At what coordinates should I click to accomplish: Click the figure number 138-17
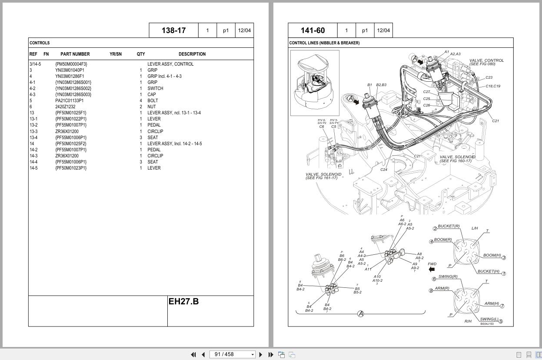[x=173, y=30]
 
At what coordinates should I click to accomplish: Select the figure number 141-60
[x=313, y=30]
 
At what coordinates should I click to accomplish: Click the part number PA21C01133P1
[x=70, y=101]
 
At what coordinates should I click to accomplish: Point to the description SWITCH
[x=155, y=88]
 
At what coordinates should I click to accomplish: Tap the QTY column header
[x=141, y=54]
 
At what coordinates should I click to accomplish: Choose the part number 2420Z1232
[x=65, y=107]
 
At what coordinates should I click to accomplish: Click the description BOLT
[x=153, y=101]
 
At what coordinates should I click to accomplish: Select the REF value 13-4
[x=33, y=138]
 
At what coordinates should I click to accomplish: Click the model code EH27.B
[x=183, y=302]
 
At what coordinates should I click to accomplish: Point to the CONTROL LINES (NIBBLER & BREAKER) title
[x=324, y=43]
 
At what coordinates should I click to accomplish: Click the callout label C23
[x=489, y=78]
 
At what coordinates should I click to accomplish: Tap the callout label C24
[x=384, y=170]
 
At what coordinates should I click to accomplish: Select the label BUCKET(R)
[x=449, y=226]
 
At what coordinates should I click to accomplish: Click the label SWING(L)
[x=489, y=320]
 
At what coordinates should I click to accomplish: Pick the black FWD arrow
[x=432, y=270]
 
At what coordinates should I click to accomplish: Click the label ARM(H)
[x=492, y=304]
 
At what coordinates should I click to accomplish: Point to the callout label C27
[x=426, y=92]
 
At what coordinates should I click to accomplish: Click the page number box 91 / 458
[x=233, y=354]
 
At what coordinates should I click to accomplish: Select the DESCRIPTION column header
[x=192, y=54]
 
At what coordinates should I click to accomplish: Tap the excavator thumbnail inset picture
[x=315, y=83]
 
